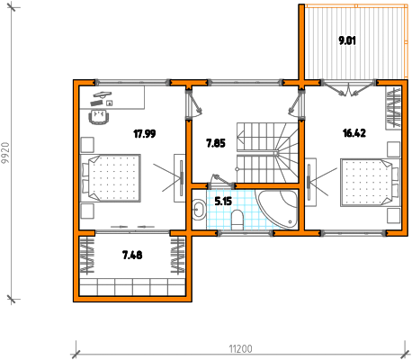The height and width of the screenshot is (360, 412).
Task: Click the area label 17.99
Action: pos(145,133)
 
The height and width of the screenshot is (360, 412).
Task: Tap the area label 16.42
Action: pos(354,132)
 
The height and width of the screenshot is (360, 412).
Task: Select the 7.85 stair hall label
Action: pos(216,143)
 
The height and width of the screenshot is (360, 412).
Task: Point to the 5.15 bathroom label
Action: pos(223,201)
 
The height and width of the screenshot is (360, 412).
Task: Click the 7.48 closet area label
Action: pos(132,255)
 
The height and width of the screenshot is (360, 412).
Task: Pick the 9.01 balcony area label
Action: pos(347,40)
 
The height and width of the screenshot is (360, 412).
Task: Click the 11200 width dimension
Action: pos(240,349)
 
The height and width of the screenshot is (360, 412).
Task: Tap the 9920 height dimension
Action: pos(5,153)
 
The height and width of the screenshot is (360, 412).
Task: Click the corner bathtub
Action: pos(277,208)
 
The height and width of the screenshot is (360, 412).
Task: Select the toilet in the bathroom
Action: pos(237,220)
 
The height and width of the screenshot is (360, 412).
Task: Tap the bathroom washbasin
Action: pos(199,210)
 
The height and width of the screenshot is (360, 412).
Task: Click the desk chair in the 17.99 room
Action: pos(99,117)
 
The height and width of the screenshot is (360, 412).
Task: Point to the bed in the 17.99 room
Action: pos(111,178)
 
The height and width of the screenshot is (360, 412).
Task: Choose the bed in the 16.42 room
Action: pos(371,183)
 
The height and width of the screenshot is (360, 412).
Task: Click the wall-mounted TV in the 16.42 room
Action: pos(309,183)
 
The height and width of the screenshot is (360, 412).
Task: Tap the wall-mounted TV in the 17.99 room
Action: pos(181,178)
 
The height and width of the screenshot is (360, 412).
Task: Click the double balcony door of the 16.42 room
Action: pos(349,88)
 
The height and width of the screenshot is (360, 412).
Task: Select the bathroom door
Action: pos(221,182)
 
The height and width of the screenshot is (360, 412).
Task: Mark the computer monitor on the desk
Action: pos(103,94)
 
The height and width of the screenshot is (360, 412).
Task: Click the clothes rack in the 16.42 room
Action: pos(393,108)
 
